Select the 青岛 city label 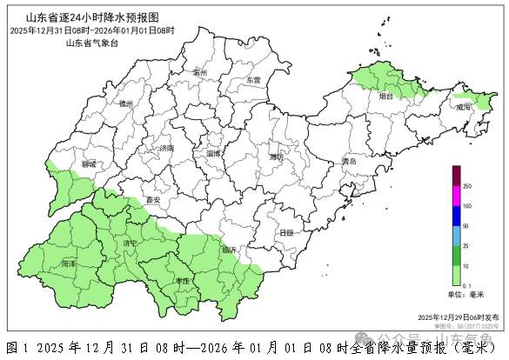point(351,162)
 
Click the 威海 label point(464,106)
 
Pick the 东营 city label point(253,80)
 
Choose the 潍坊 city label point(278,157)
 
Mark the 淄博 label point(213,153)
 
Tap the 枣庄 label point(182,281)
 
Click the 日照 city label point(286,232)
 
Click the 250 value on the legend point(466,186)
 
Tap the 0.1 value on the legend point(466,285)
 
